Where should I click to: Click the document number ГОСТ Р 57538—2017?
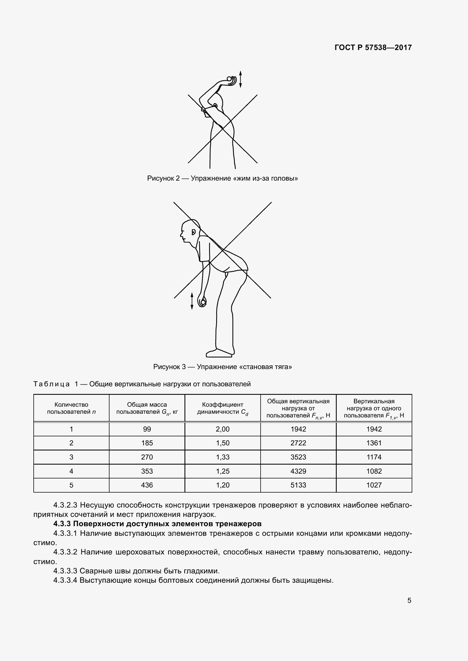coord(373,47)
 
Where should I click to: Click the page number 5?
coord(409,600)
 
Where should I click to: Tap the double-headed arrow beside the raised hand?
coord(240,79)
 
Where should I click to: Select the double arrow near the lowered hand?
coord(192,301)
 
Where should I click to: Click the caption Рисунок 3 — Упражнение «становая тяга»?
coord(222,367)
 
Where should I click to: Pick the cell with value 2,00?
coord(222,429)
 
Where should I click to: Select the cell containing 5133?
coord(298,485)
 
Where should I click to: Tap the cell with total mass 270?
coord(147,457)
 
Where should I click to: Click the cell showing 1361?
coord(374,443)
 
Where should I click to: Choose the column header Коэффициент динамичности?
coord(222,408)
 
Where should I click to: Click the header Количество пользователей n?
coord(71,408)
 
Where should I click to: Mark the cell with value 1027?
coord(374,485)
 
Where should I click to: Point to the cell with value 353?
coord(147,471)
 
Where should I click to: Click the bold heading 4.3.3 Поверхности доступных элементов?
coord(157,524)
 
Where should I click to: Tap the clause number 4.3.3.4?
coord(65,580)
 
